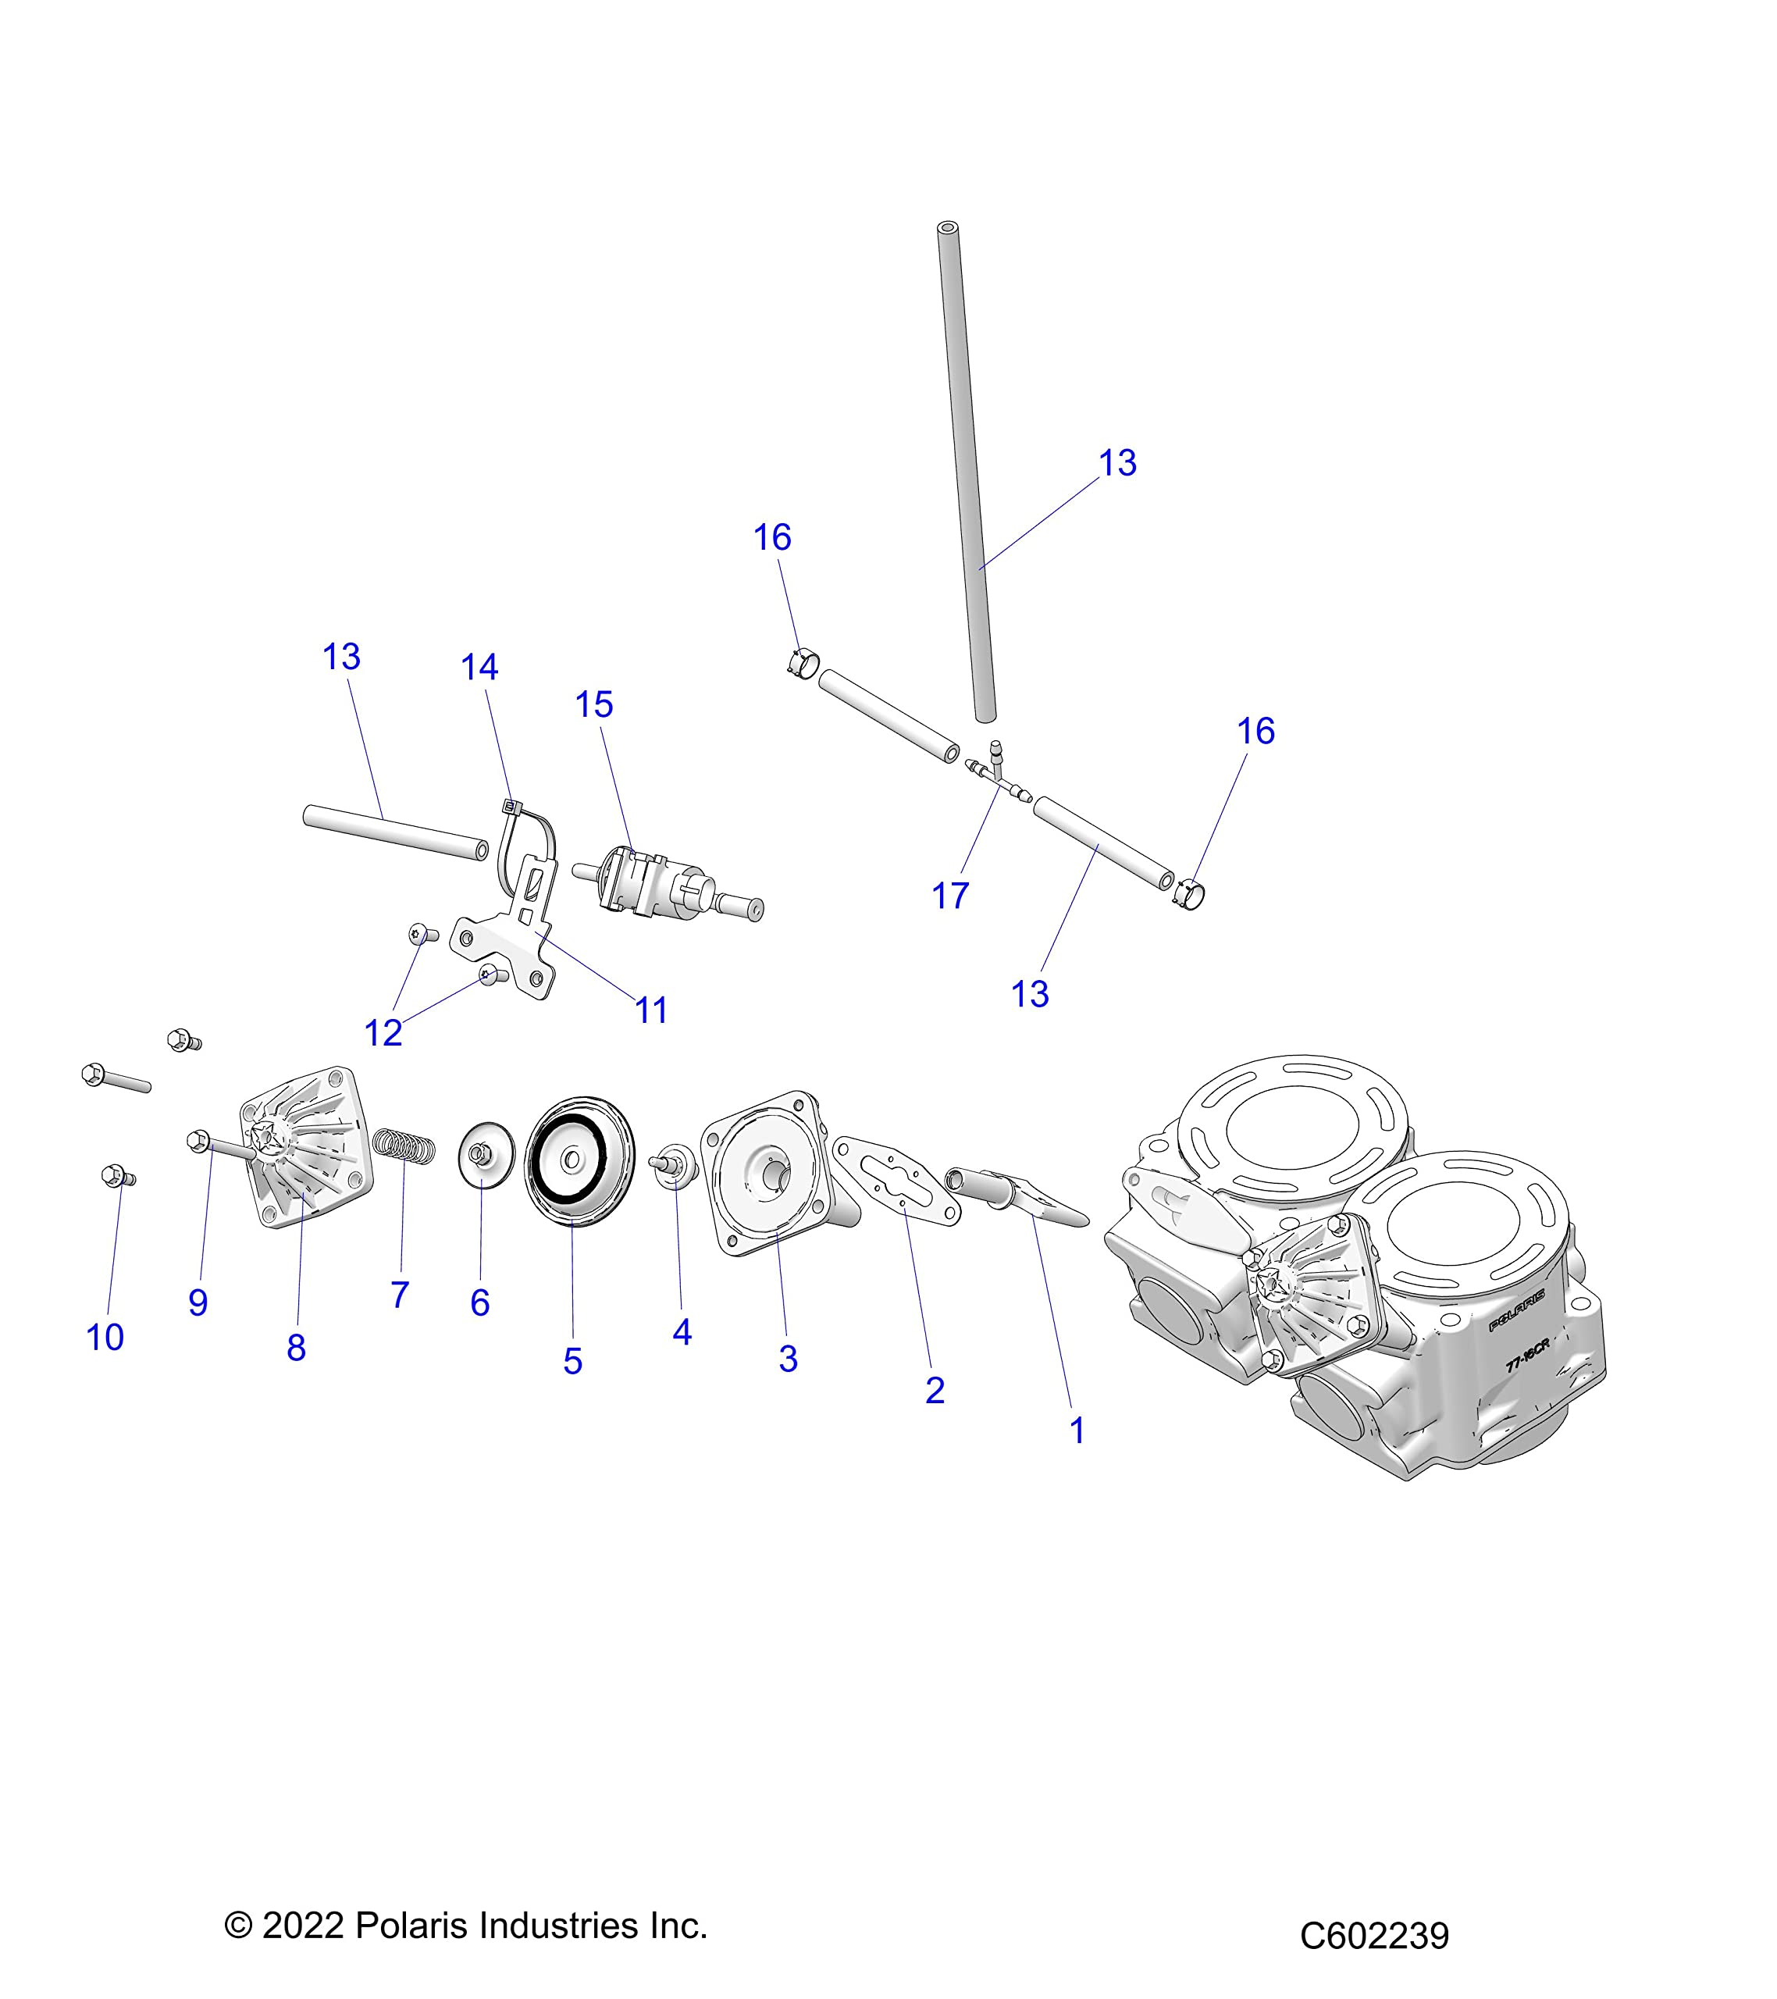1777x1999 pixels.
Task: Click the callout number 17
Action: coord(949,896)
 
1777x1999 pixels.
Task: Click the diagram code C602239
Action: coord(1373,1936)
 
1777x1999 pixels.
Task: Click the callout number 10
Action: coord(105,1337)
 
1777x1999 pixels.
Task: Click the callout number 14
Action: coord(479,667)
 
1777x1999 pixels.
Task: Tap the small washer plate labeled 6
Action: coord(486,1158)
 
